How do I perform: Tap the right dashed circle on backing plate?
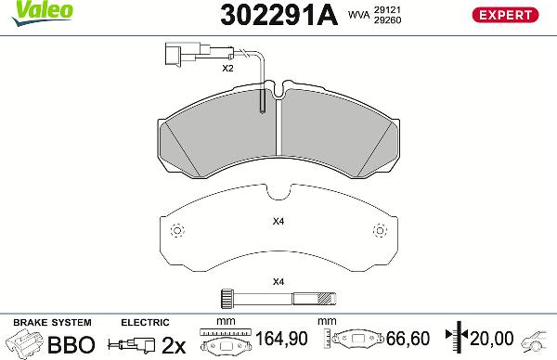pyautogui.click(x=378, y=231)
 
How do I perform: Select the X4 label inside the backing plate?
pyautogui.click(x=278, y=221)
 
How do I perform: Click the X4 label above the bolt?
pyautogui.click(x=278, y=281)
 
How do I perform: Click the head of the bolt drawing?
pyautogui.click(x=224, y=298)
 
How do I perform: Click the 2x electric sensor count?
pyautogui.click(x=174, y=345)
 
